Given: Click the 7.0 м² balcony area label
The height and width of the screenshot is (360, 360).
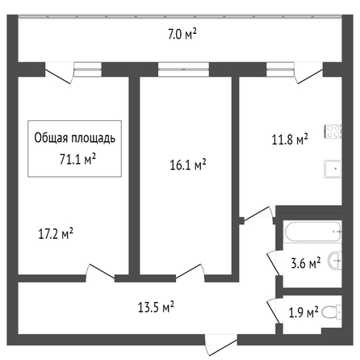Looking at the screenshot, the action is pos(182,34).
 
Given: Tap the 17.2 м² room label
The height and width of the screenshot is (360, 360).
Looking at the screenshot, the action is pos(56,233).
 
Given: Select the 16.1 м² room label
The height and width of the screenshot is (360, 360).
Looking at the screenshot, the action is pos(188,165).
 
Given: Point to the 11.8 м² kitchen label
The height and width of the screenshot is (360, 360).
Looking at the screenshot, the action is pos(290,140).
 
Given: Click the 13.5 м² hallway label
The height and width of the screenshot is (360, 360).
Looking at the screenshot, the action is pos(156,307).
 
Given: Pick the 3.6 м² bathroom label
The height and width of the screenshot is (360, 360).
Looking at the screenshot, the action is pos(306,263).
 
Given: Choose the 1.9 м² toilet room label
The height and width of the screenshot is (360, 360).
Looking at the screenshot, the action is pos(303,312).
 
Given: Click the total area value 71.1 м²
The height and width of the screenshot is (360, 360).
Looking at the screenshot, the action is pos(77,159).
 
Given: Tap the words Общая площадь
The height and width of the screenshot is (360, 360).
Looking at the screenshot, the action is pos(74,138).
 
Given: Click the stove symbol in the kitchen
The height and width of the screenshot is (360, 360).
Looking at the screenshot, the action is pos(333,132).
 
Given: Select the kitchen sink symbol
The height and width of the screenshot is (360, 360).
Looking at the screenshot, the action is pos(333,169).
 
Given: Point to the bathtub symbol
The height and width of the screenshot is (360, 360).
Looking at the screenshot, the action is pos(313,232).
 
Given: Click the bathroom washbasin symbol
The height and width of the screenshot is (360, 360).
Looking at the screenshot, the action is pos(335,260).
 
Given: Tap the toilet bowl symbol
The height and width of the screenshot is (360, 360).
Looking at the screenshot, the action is pos(332,312).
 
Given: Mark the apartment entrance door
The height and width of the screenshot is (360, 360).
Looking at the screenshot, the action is pos(220,345).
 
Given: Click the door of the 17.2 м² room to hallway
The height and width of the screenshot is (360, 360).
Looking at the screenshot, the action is pos(100,273).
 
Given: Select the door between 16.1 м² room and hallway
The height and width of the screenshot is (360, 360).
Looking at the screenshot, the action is pos(190,273).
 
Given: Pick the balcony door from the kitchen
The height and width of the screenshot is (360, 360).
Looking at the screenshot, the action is pos(309,73).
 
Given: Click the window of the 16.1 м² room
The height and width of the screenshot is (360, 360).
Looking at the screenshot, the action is pos(183,69).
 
